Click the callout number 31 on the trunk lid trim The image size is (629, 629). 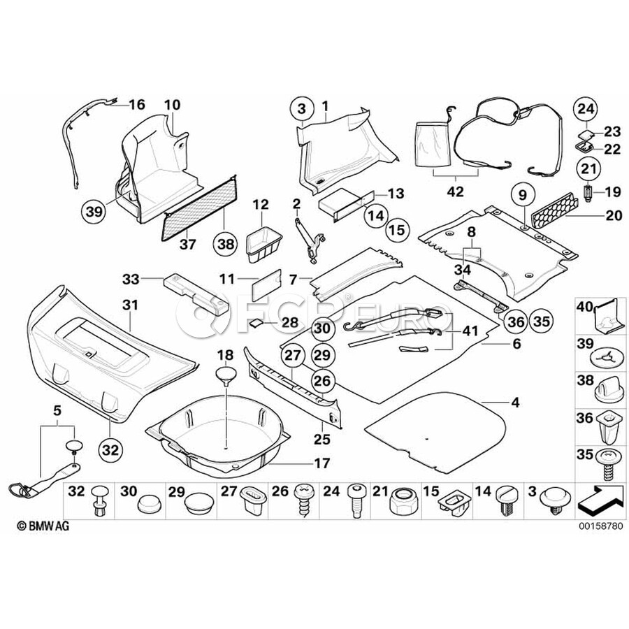(130, 305)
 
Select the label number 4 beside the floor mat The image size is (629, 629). (515, 402)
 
